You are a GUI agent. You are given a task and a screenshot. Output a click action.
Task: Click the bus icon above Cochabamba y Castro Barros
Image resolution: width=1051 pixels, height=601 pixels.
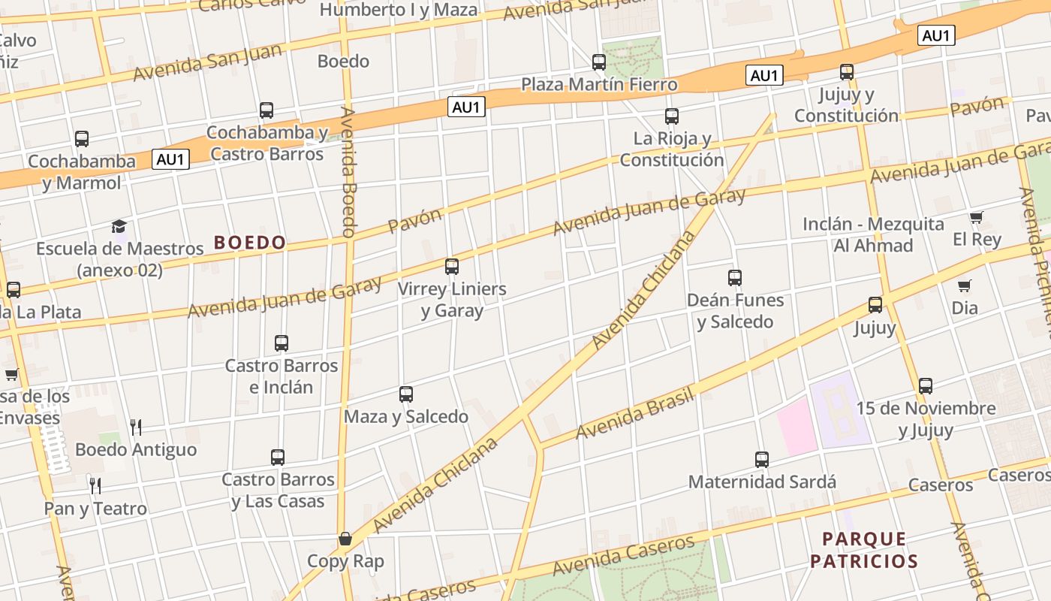(267, 110)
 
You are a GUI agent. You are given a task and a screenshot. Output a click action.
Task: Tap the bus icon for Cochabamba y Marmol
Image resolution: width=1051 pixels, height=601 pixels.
(82, 139)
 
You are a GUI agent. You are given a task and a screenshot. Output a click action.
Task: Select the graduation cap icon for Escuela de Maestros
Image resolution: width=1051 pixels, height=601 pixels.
(119, 226)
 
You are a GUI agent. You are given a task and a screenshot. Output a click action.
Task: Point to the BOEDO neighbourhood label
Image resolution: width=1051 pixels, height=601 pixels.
(250, 242)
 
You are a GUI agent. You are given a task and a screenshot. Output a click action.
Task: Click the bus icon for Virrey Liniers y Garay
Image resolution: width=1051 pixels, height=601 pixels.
(452, 267)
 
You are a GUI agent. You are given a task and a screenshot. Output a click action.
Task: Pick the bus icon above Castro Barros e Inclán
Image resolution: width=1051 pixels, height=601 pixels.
(282, 343)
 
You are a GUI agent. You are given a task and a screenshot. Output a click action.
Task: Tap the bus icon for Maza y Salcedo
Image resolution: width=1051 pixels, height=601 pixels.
(406, 394)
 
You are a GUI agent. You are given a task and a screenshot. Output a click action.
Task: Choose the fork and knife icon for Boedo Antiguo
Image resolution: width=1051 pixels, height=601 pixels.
(136, 427)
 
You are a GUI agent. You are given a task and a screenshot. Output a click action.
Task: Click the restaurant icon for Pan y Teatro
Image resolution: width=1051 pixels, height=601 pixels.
(95, 486)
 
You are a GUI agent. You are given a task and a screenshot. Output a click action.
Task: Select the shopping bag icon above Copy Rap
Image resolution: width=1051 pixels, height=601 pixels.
(345, 539)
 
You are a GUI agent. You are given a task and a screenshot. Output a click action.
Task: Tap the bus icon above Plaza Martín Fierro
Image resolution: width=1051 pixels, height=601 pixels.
(599, 62)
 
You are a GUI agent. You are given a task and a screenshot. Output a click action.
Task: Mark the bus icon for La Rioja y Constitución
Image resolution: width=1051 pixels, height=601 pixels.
(672, 116)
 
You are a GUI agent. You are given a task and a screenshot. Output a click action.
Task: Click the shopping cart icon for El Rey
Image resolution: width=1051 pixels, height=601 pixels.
(976, 218)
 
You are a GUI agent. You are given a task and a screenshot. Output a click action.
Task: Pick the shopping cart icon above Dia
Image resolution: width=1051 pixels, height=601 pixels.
(965, 286)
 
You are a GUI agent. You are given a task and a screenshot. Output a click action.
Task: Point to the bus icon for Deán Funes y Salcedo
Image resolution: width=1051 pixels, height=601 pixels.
(735, 278)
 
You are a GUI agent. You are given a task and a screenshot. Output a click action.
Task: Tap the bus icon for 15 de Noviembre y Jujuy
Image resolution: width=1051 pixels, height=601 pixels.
(926, 386)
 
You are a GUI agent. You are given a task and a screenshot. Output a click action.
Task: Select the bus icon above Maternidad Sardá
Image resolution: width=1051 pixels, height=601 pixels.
(762, 460)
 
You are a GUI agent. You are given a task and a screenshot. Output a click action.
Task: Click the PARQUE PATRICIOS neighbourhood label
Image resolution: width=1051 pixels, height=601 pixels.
(864, 550)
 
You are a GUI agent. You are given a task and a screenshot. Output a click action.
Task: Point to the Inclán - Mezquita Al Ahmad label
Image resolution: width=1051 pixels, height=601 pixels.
(873, 234)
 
